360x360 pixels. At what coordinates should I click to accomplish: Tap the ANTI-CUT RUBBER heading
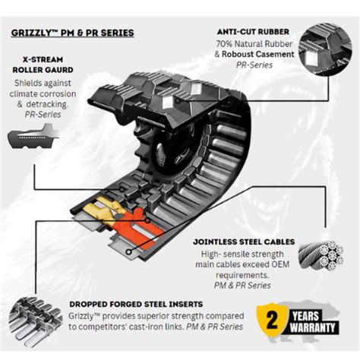coord(254,31)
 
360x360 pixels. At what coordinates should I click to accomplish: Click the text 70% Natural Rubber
coord(250,44)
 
